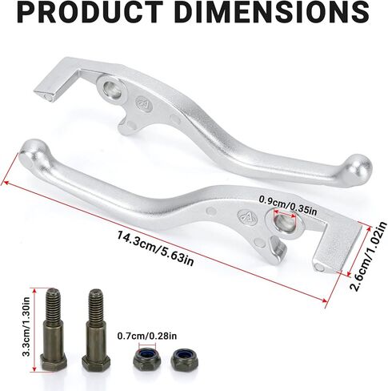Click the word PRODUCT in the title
[x=90, y=13]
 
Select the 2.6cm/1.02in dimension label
[x=368, y=256]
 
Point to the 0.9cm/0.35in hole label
[x=288, y=205]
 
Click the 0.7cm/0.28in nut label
[x=147, y=336]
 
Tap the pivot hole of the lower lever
[x=286, y=223]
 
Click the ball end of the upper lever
[x=359, y=168]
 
